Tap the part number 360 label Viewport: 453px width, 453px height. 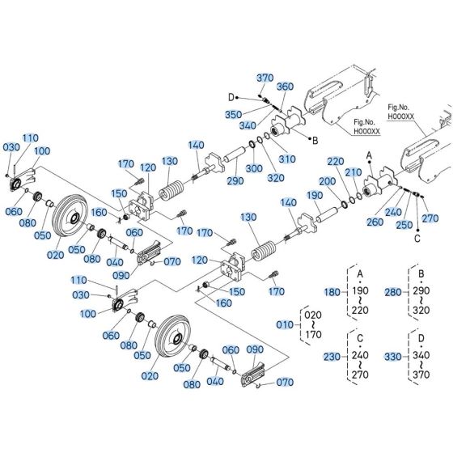coord(286,86)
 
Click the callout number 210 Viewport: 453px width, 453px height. coord(352,172)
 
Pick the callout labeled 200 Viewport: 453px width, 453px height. coord(326,181)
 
